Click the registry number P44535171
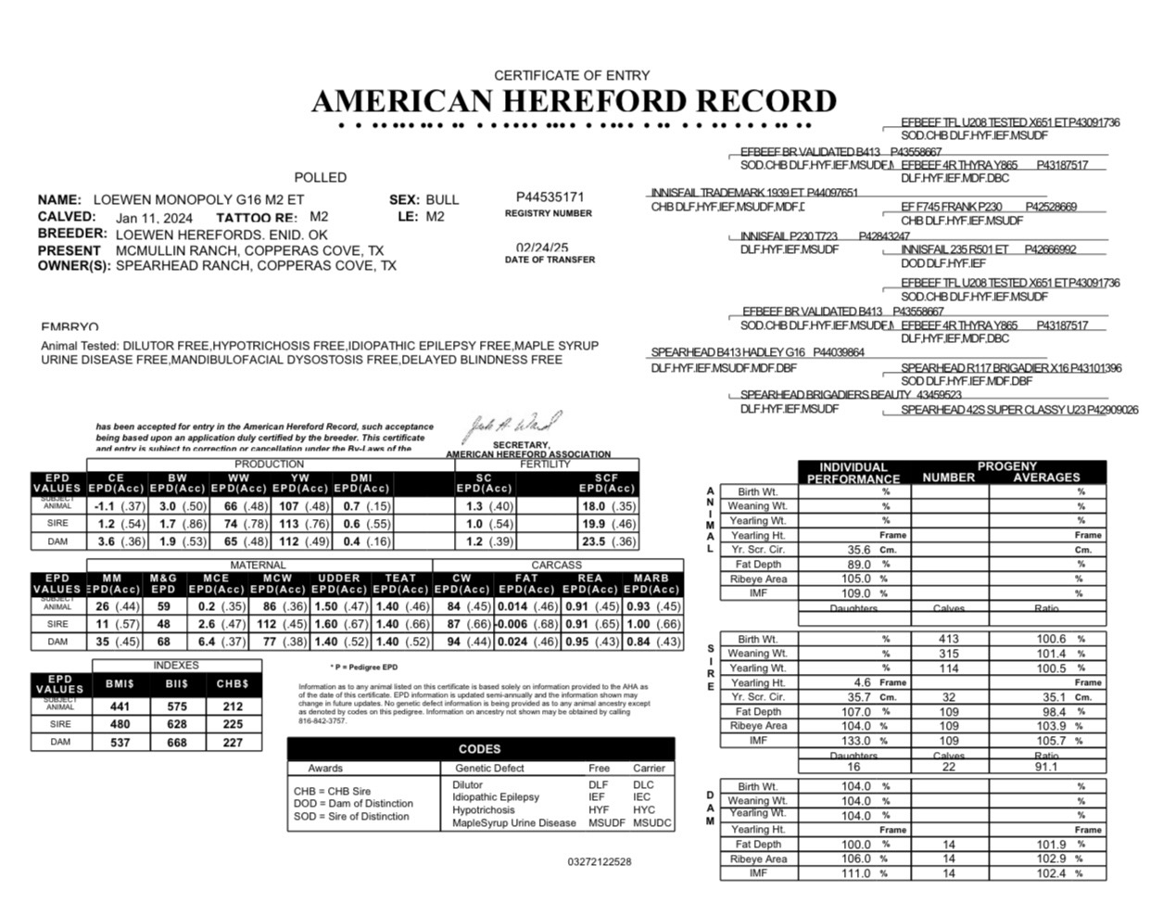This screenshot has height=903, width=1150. (550, 197)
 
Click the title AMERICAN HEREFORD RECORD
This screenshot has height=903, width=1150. (574, 101)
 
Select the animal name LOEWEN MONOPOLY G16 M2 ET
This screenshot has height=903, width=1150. (198, 199)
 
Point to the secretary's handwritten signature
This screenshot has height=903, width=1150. (512, 427)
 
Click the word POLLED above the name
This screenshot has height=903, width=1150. (321, 177)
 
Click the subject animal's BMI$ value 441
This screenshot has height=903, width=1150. (120, 706)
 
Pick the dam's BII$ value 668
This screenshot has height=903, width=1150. (176, 743)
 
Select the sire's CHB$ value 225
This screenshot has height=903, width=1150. (233, 724)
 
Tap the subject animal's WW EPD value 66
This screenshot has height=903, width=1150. (231, 506)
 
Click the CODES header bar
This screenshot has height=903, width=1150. (480, 749)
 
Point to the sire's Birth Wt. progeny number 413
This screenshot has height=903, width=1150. (949, 639)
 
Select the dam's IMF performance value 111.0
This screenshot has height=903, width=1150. (855, 873)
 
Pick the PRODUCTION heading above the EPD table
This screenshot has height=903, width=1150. (269, 464)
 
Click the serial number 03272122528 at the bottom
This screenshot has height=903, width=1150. (600, 862)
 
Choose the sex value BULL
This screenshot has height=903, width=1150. (442, 199)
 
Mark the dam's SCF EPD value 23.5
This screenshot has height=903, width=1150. (593, 541)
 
